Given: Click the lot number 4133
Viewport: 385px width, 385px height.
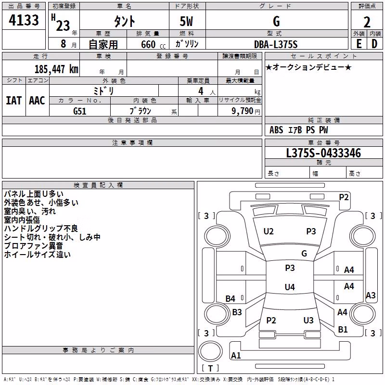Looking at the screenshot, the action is click(24, 20).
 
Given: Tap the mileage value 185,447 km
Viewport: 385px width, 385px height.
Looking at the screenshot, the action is click(56, 69).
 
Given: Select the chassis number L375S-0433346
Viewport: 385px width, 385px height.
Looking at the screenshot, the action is click(323, 153).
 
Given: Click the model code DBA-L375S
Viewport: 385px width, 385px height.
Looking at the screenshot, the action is click(276, 44).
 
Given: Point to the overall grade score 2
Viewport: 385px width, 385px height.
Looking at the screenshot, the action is click(367, 22).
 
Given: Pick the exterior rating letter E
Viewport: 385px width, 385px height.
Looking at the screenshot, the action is click(359, 44).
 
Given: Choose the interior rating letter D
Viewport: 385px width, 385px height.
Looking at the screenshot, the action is click(374, 44).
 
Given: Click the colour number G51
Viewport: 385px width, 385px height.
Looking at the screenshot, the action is click(80, 111).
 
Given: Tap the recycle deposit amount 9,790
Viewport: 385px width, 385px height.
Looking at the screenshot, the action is click(243, 111).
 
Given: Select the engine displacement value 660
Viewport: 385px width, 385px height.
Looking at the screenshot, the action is click(148, 44).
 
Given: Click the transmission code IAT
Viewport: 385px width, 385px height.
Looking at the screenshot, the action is click(13, 101).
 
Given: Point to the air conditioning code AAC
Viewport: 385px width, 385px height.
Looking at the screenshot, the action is click(37, 101).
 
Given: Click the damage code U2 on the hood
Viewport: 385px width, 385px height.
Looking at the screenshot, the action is click(269, 231).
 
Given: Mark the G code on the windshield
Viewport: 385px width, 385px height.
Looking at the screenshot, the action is click(304, 253).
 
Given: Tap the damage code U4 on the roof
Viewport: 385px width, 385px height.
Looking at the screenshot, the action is click(290, 287).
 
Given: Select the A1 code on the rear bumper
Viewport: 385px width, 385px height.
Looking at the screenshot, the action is click(236, 355).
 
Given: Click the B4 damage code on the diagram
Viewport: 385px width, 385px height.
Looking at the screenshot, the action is click(231, 298).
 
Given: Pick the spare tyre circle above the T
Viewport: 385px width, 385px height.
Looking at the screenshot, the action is click(210, 351).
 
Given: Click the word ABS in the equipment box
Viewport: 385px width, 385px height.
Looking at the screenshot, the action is click(276, 130).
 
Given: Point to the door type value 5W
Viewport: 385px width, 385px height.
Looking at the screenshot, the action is click(186, 21).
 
